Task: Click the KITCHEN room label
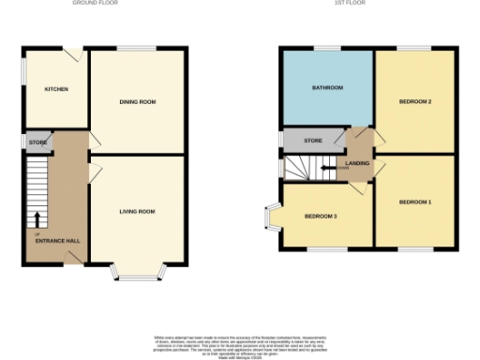(55, 89)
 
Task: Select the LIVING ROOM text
(137, 211)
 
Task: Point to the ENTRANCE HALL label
(57, 241)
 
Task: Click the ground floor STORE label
(37, 142)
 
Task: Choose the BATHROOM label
(327, 88)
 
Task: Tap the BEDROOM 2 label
(414, 101)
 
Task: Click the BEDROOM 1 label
(414, 202)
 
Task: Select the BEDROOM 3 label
(321, 217)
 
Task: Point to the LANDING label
(357, 163)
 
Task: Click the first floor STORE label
(313, 141)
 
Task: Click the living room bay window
(139, 275)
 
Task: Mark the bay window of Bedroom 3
(272, 217)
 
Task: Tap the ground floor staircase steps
(35, 183)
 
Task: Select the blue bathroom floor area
(327, 108)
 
